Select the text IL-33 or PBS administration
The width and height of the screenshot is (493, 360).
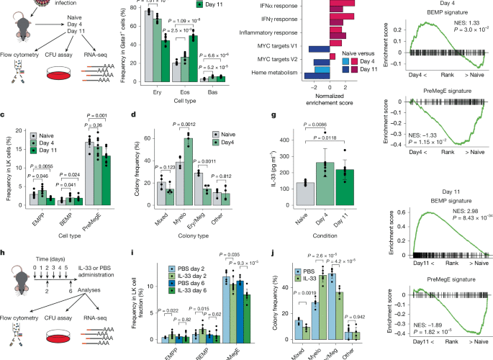(95, 277)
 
